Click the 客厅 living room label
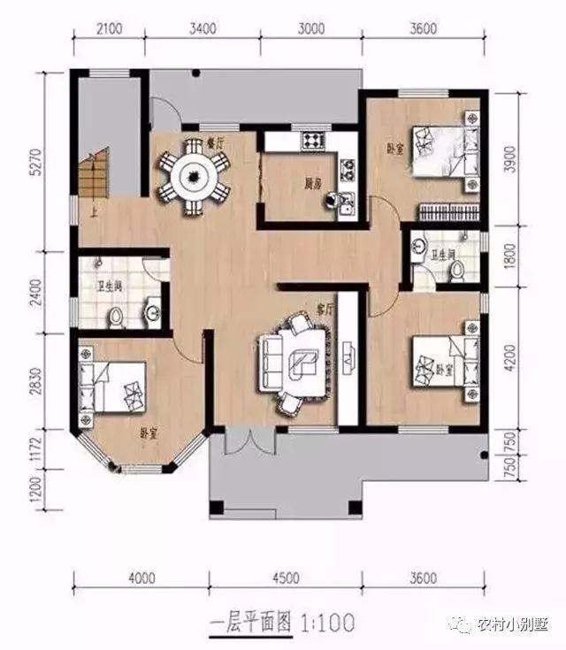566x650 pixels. click(x=325, y=310)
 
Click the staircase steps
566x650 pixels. click(x=90, y=177)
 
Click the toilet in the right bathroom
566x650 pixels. click(x=456, y=271)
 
